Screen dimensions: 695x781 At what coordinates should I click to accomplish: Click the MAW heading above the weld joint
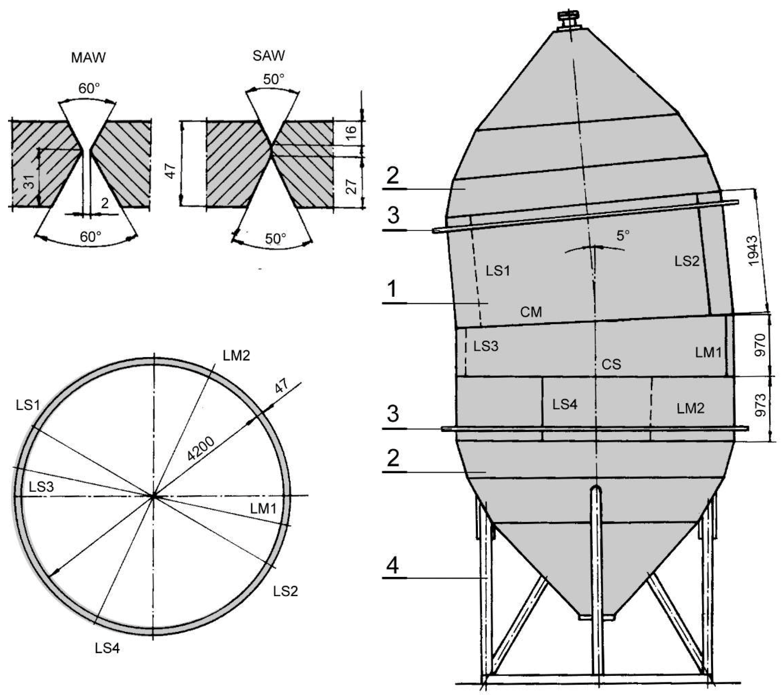88,57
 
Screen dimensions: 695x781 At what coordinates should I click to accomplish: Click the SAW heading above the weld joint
269,56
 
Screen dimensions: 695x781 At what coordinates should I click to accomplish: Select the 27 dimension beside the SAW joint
351,186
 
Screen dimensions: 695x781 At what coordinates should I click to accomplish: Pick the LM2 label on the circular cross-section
237,356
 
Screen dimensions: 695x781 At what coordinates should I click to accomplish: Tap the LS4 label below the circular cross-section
107,648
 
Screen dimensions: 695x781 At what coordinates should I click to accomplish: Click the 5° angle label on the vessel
623,236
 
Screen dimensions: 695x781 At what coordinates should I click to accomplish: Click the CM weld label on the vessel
531,312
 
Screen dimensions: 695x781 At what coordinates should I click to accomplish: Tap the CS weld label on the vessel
611,364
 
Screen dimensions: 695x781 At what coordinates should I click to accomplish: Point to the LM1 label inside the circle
263,509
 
